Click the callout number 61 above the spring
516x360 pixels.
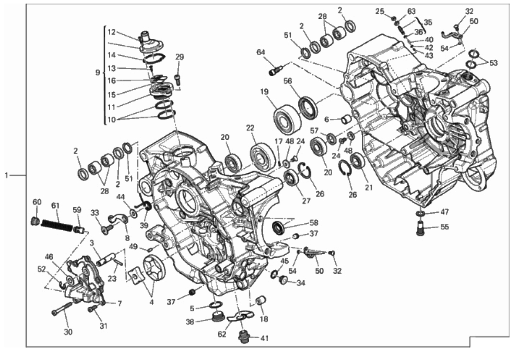[55, 206]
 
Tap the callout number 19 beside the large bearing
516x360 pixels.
[264, 92]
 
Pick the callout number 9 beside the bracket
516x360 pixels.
[98, 72]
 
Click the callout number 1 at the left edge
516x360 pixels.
[6, 175]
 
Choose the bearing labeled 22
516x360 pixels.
[263, 156]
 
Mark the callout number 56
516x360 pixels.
[288, 81]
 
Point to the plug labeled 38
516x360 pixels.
[216, 317]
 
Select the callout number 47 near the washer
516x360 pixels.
[444, 212]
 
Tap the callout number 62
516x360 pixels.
[222, 334]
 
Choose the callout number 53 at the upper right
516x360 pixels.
[493, 63]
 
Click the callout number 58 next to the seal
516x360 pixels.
[314, 223]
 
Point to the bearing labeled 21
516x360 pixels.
[357, 161]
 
